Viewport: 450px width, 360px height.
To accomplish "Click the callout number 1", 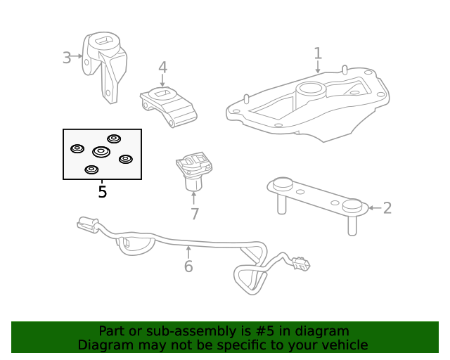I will click(318, 53).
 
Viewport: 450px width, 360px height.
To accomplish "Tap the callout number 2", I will click(387, 207).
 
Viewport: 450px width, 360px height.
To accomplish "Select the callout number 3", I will click(67, 58).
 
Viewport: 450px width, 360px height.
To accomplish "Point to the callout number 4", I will click(162, 67).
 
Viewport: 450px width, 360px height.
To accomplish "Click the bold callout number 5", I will click(102, 191).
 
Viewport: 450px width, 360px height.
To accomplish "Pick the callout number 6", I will click(188, 266).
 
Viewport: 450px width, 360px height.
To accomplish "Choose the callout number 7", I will click(194, 214).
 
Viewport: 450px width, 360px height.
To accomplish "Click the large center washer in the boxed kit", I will click(101, 152).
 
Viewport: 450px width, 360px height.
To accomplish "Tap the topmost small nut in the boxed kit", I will click(113, 139).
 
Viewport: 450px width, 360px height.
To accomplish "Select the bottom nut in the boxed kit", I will click(91, 169).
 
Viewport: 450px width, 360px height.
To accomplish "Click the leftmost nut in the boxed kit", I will click(78, 148).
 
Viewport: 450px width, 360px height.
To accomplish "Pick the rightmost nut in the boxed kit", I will click(126, 159).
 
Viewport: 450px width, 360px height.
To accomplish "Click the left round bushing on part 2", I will click(282, 185).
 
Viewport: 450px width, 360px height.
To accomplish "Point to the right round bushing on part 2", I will click(352, 205).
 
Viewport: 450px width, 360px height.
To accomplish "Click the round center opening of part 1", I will click(309, 89).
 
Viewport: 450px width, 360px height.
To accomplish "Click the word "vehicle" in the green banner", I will click(343, 345).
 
